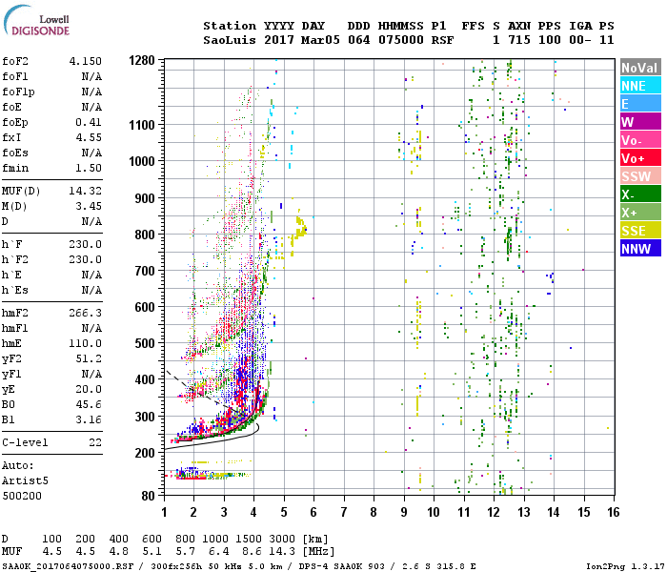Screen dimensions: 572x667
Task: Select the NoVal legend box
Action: click(x=639, y=68)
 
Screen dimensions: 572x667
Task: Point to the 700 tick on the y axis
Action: click(x=145, y=271)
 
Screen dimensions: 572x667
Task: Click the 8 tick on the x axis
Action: click(x=374, y=512)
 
